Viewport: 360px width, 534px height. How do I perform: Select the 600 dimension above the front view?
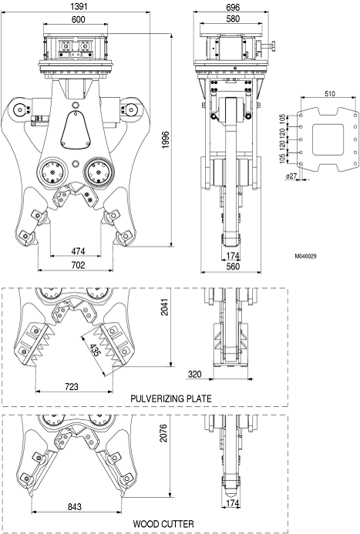coord(78,19)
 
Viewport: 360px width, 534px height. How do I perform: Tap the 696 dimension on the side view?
coord(233,6)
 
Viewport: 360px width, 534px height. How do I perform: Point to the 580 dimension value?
coord(233,18)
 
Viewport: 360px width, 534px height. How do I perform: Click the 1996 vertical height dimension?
coord(165,139)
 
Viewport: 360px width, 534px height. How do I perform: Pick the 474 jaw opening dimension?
coord(78,251)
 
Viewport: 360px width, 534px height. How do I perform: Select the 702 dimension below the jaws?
coord(78,264)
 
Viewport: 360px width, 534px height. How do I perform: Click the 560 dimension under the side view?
coord(233,266)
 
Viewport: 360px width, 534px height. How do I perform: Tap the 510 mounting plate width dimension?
coord(330,93)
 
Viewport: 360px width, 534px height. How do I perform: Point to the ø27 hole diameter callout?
coord(291,176)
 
